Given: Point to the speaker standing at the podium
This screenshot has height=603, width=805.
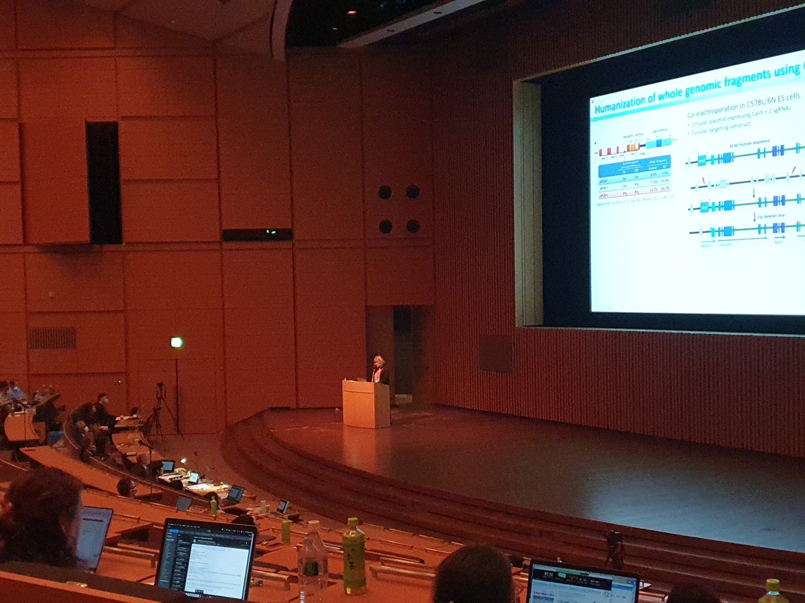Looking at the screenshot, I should pyautogui.click(x=379, y=369).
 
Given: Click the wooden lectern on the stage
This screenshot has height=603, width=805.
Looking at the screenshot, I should pyautogui.click(x=366, y=403).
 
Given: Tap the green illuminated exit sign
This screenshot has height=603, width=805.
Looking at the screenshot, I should pyautogui.click(x=176, y=342).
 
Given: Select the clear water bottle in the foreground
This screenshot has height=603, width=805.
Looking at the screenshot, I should pyautogui.click(x=312, y=559).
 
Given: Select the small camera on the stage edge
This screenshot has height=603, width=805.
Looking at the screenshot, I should pyautogui.click(x=612, y=540).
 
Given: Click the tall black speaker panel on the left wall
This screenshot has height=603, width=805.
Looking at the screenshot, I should pyautogui.click(x=103, y=182).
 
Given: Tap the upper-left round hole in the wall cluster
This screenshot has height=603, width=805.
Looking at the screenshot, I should pyautogui.click(x=385, y=192).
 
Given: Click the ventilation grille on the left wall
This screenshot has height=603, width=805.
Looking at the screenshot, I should pyautogui.click(x=52, y=338).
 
